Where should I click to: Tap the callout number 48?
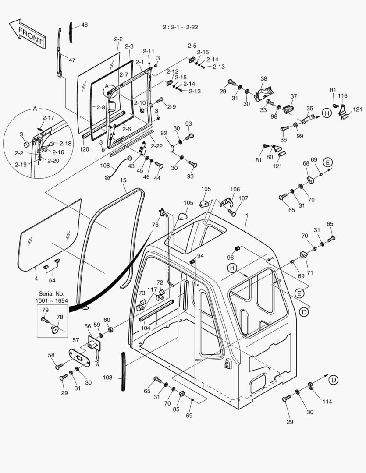pos(84,25)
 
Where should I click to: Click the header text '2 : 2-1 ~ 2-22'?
pos(180,27)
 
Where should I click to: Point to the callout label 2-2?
pos(118,39)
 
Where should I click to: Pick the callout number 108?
pos(105,166)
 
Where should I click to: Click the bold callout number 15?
pos(123,180)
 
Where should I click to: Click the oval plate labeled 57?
pos(81,358)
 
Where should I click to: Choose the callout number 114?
pos(327,402)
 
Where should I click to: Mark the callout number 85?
pos(176,410)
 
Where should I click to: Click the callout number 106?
pos(235,189)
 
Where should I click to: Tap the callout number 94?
pos(200,255)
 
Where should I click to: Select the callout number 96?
pos(230,258)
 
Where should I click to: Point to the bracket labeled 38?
pos(263,91)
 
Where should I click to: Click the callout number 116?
pos(343,96)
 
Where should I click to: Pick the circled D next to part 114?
pos(334,380)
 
